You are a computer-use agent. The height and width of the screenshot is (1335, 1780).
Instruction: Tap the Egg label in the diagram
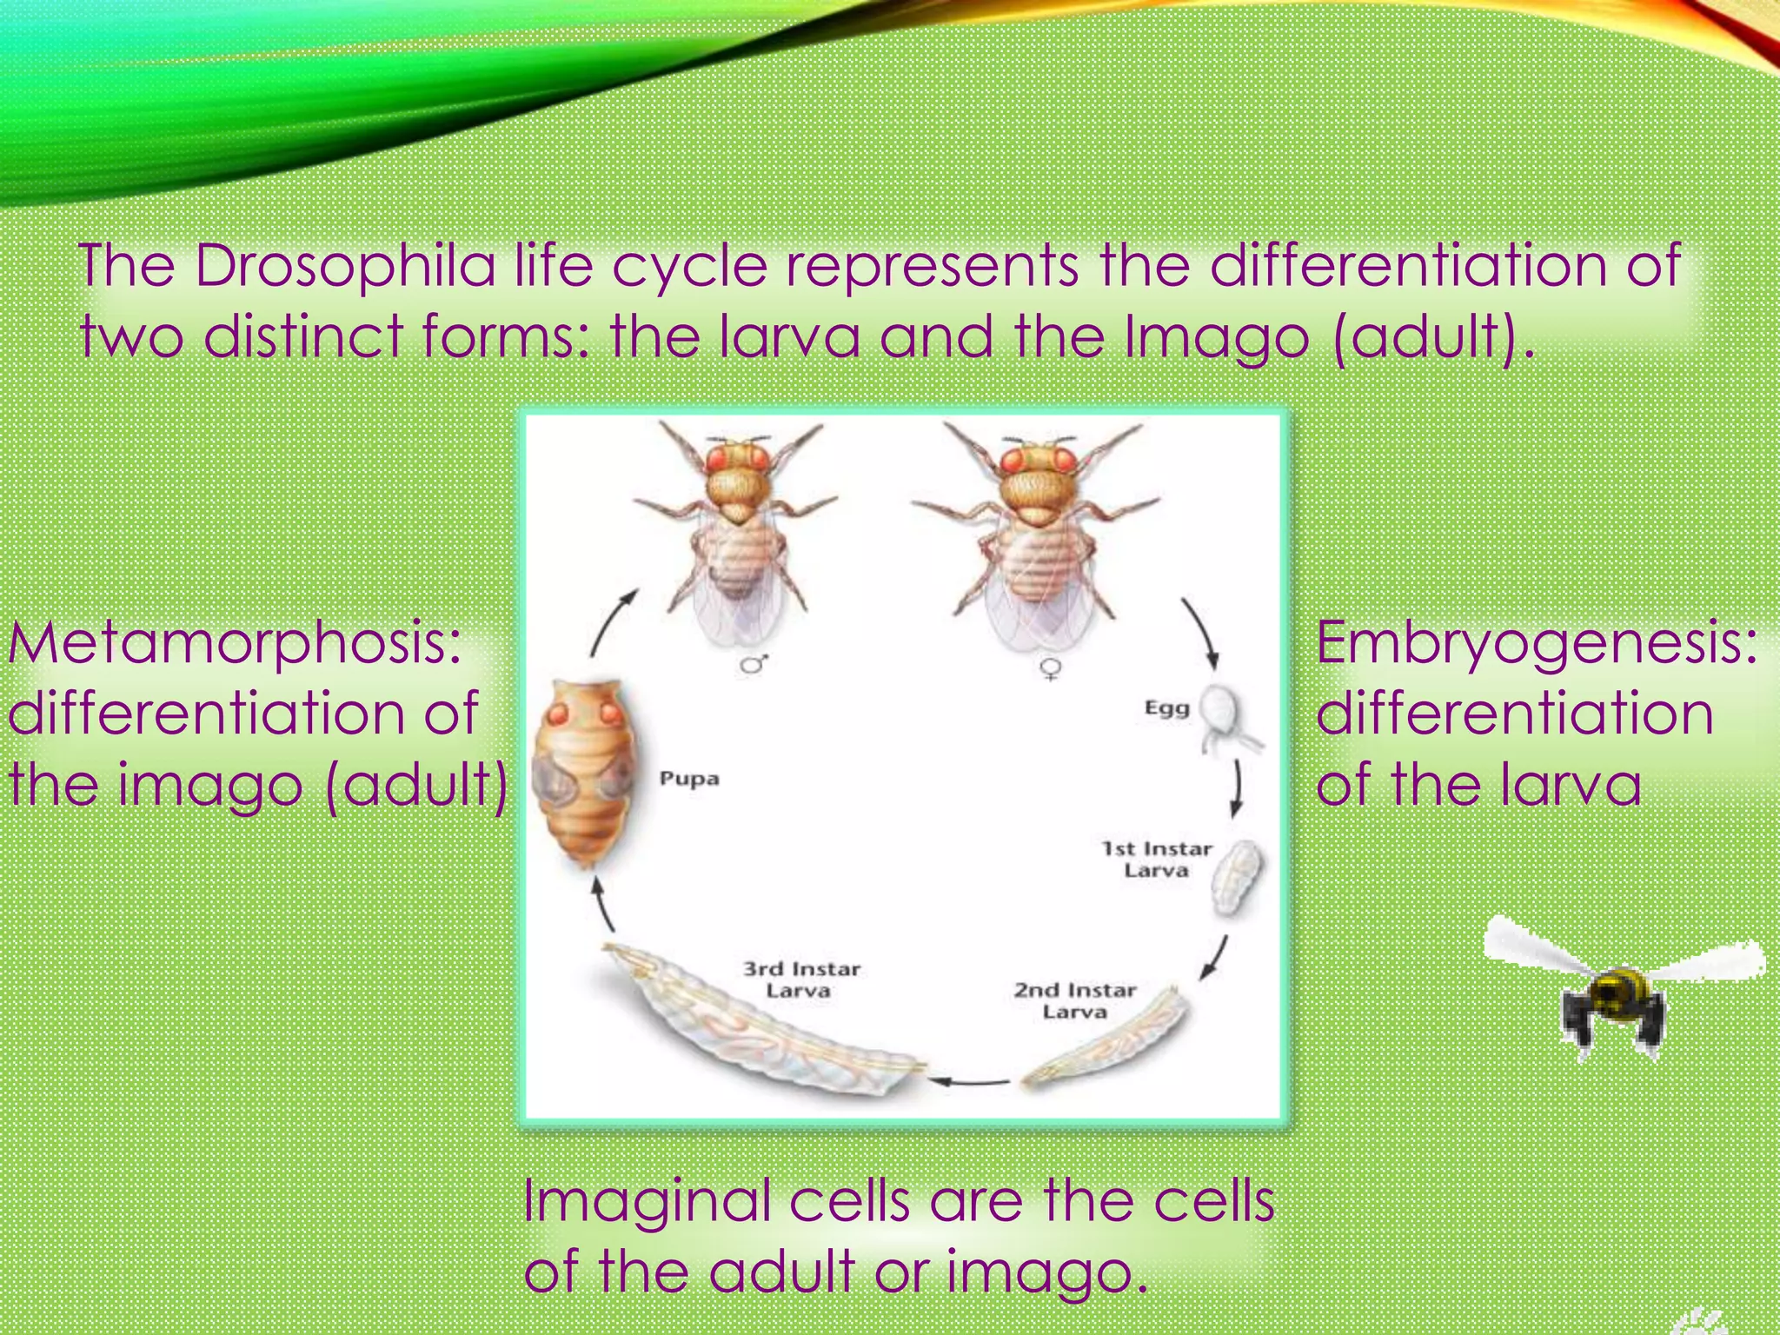pos(1166,708)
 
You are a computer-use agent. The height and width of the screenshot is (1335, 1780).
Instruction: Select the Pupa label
pos(689,778)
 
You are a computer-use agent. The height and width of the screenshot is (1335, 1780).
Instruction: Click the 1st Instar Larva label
pos(1156,859)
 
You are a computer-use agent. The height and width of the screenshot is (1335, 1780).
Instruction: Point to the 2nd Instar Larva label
pos(1075,1000)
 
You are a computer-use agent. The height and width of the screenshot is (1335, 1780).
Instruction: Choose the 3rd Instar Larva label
pos(800,980)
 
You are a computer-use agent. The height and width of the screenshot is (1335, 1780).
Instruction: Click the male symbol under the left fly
pos(753,665)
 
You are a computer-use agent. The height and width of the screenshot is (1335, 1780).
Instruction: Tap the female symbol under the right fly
pos(1051,668)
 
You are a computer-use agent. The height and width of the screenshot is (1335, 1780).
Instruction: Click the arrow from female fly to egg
pos(1200,634)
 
